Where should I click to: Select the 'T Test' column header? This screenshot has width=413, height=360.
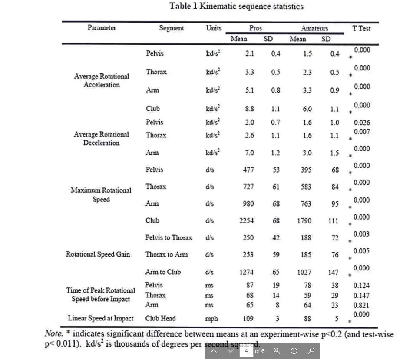click(x=361, y=28)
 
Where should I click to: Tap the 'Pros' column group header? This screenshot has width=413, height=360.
click(x=256, y=28)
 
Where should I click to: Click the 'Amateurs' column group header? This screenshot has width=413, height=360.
click(x=314, y=28)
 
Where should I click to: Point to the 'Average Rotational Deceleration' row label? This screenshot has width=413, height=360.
click(x=101, y=139)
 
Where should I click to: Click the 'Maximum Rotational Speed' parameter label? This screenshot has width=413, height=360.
click(x=101, y=195)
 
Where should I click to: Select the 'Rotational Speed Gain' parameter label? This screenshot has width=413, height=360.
click(x=98, y=254)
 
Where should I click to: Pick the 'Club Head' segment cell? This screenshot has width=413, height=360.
click(x=160, y=318)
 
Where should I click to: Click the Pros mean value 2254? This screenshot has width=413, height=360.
click(x=247, y=221)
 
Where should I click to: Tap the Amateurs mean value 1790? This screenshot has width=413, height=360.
click(x=304, y=221)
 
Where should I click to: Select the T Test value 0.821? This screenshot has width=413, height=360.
click(x=361, y=305)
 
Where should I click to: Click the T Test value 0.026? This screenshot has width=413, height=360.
click(x=361, y=123)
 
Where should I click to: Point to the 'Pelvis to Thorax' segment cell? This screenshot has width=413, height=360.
click(x=169, y=238)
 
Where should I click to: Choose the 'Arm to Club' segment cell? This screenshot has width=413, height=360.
click(x=163, y=272)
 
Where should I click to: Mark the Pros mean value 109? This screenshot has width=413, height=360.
click(x=248, y=319)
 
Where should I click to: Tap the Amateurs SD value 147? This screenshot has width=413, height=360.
click(x=333, y=273)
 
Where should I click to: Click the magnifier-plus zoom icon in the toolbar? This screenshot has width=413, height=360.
click(x=277, y=351)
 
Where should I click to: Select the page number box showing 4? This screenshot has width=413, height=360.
click(x=246, y=351)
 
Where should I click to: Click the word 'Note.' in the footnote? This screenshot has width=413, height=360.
click(x=55, y=334)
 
